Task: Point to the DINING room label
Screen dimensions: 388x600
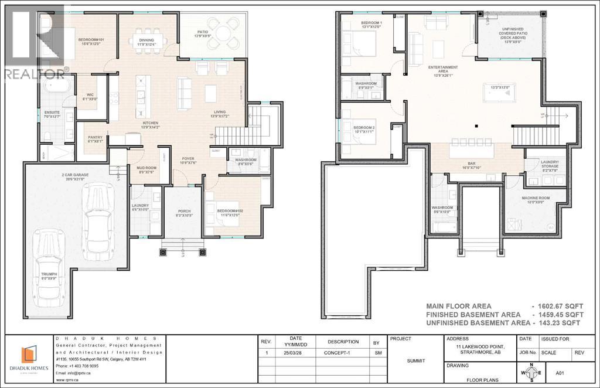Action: click(146, 42)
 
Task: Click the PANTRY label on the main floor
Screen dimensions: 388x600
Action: click(95, 139)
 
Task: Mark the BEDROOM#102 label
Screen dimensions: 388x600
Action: click(230, 212)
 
